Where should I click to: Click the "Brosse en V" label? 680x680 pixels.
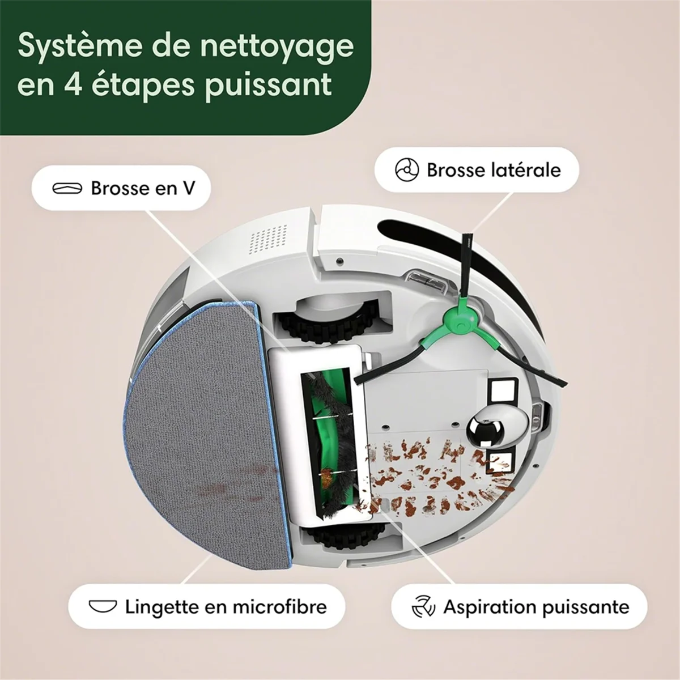[x=142, y=188]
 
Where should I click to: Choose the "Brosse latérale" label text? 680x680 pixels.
[x=494, y=169]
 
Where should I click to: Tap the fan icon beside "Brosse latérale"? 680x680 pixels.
[x=407, y=170]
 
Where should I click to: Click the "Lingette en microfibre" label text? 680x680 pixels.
[x=226, y=607]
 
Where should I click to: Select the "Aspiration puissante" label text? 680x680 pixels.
[x=536, y=607]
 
